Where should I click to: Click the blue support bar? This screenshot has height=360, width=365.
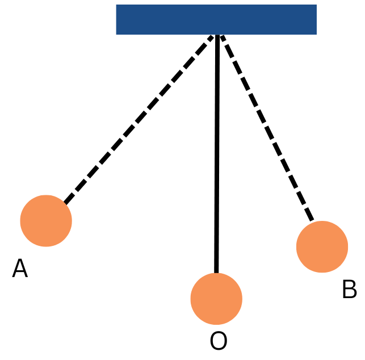[x=216, y=19]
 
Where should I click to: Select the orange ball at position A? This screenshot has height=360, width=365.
[x=46, y=221]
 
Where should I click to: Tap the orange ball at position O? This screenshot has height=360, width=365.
[x=216, y=299]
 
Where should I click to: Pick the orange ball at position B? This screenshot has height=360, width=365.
[x=322, y=247]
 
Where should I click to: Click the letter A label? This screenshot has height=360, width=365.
[x=20, y=269]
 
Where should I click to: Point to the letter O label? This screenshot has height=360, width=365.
[x=219, y=342]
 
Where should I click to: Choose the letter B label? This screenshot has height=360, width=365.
[x=349, y=290]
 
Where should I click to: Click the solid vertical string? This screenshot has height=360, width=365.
[x=217, y=153]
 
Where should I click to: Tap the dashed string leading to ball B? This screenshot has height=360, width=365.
[x=267, y=128]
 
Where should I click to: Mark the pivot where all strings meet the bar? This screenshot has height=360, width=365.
[x=217, y=35]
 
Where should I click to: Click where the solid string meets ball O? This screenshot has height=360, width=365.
[x=216, y=274]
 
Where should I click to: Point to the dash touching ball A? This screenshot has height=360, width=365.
[x=68, y=199]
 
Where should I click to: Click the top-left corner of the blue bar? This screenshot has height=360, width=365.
[x=116, y=5]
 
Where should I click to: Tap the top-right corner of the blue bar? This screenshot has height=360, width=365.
[x=316, y=5]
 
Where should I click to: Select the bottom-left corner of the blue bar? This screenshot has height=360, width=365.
[x=116, y=34]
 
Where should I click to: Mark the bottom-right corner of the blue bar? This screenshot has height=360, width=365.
[x=316, y=34]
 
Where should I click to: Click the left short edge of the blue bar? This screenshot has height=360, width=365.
[x=116, y=19]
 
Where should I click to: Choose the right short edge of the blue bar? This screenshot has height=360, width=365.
[x=316, y=19]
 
